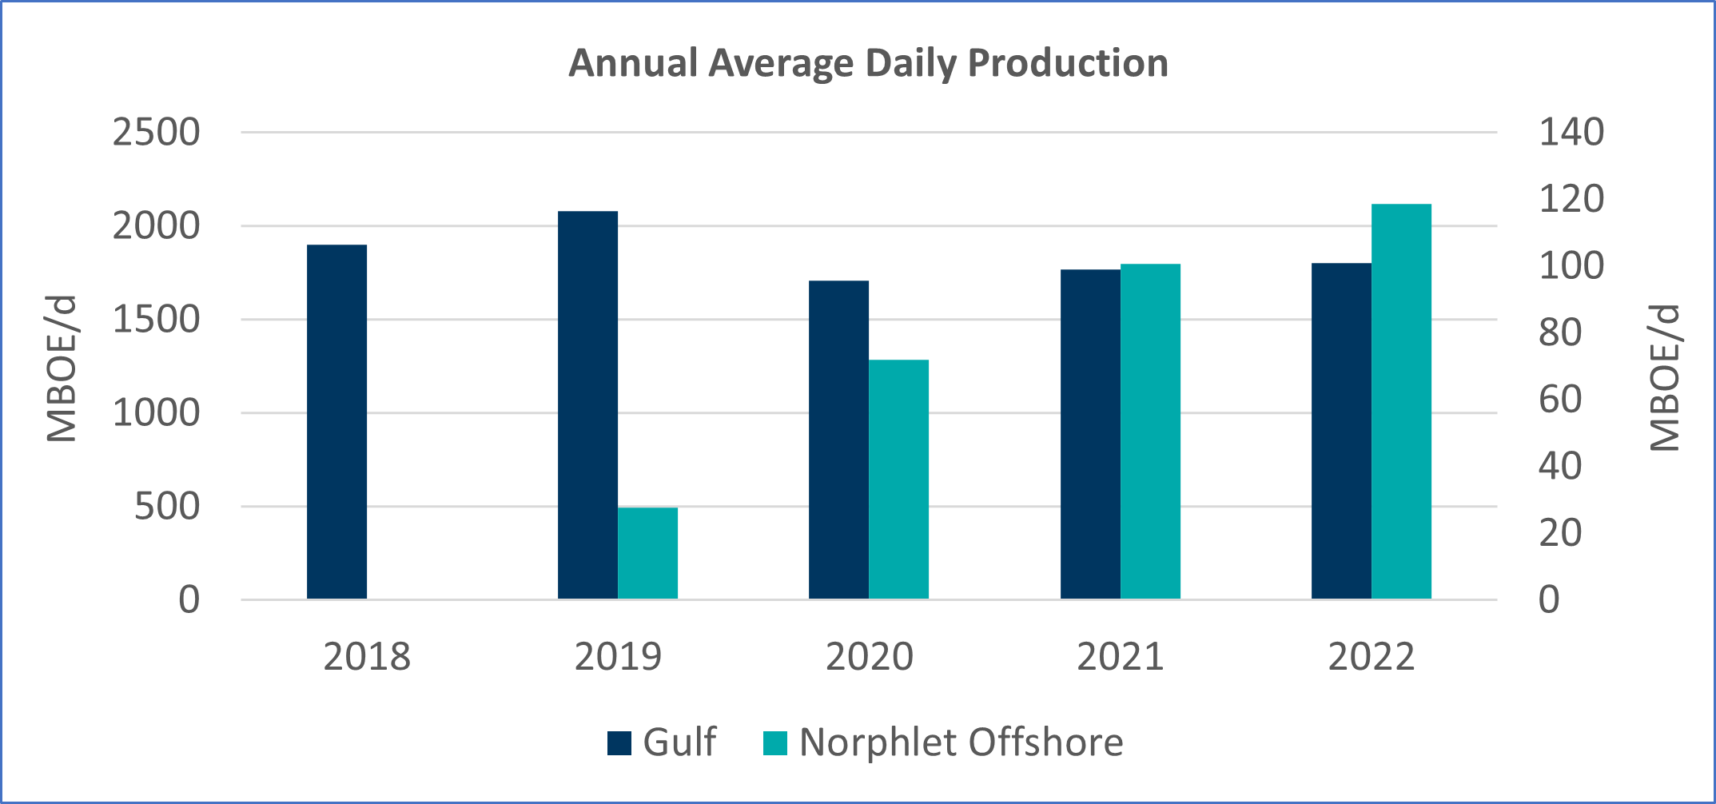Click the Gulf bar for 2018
pyautogui.click(x=336, y=422)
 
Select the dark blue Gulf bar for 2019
pyautogui.click(x=587, y=405)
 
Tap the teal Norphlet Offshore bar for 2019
pyautogui.click(x=647, y=553)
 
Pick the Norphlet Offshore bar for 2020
pyautogui.click(x=898, y=480)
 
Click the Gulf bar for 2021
pyautogui.click(x=1090, y=434)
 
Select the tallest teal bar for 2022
pyautogui.click(x=1401, y=401)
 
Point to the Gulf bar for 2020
pyautogui.click(x=838, y=440)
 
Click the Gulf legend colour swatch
pyautogui.click(x=619, y=743)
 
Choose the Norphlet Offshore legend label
pyautogui.click(x=961, y=742)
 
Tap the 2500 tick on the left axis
pyautogui.click(x=156, y=133)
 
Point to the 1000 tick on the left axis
pyautogui.click(x=156, y=413)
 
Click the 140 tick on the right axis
pyautogui.click(x=1571, y=133)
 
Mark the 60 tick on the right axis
pyautogui.click(x=1559, y=400)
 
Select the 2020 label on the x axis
pyautogui.click(x=869, y=657)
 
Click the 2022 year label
pyautogui.click(x=1371, y=657)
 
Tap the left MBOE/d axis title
pyautogui.click(x=62, y=368)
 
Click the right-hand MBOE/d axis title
pyautogui.click(x=1664, y=377)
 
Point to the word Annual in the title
pyautogui.click(x=632, y=63)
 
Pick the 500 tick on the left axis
pyautogui.click(x=167, y=507)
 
